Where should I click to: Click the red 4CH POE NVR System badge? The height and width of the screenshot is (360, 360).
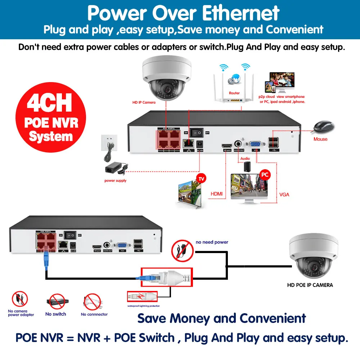(x=51, y=117)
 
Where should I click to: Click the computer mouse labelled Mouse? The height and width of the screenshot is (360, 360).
(x=323, y=127)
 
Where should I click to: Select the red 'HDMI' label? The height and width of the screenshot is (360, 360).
(x=216, y=194)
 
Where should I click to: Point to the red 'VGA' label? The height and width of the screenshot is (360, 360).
(x=284, y=195)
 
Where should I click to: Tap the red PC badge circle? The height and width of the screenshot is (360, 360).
(x=265, y=175)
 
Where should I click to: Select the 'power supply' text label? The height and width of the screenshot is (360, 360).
(x=115, y=181)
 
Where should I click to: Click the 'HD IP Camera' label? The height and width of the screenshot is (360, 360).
(x=144, y=103)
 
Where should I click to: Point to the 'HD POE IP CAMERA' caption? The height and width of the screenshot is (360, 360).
(x=310, y=285)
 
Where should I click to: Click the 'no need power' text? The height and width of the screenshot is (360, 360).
(x=212, y=242)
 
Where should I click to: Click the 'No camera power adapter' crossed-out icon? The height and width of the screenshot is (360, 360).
(x=20, y=300)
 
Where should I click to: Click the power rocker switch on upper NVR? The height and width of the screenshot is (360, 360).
(x=197, y=132)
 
